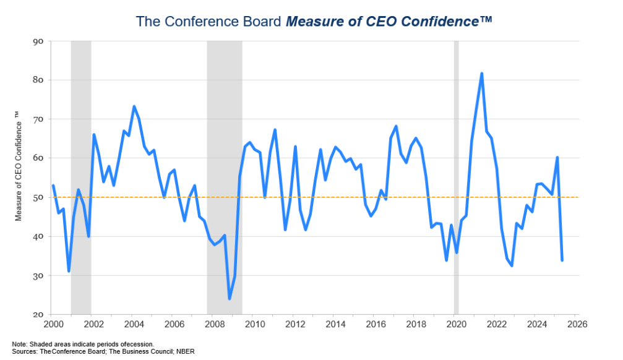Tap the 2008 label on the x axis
[x=213, y=324]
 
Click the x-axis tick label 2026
[x=576, y=324]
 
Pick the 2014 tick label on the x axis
[x=335, y=324]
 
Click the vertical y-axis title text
[x=18, y=178]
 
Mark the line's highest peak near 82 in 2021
[x=481, y=74]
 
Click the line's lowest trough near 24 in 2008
[x=230, y=299]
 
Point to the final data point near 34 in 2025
[x=562, y=260]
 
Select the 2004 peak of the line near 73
[x=134, y=106]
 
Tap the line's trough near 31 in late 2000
[x=69, y=271]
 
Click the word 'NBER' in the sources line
[x=186, y=351]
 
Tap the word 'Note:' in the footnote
[x=20, y=344]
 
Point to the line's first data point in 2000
[x=53, y=186]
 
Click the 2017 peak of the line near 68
[x=395, y=126]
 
